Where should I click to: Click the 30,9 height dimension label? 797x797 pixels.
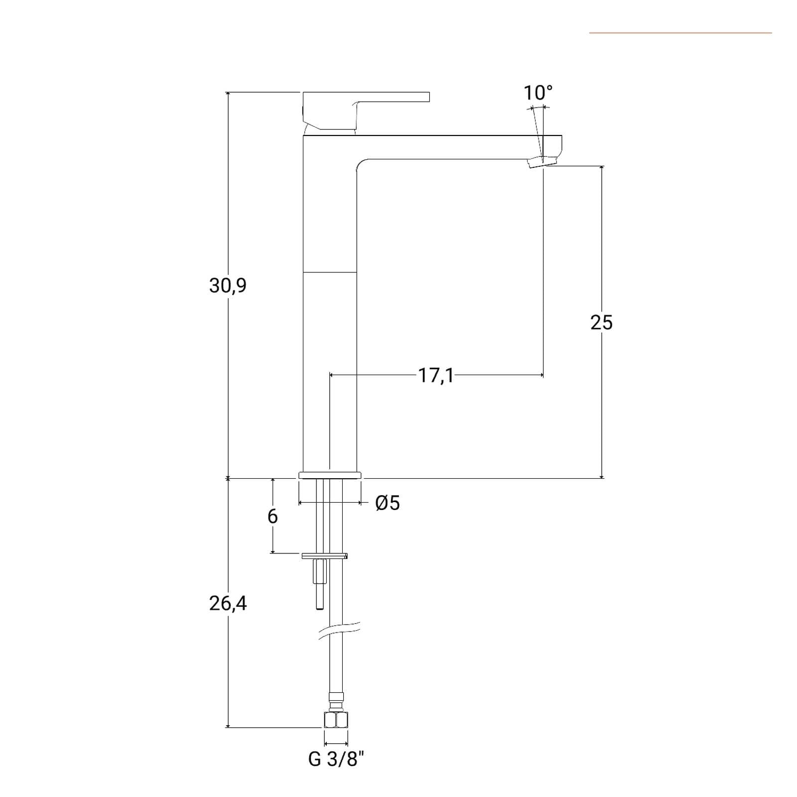(x=228, y=286)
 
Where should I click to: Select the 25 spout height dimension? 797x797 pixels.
(x=601, y=323)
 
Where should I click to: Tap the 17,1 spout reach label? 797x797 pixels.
(x=436, y=376)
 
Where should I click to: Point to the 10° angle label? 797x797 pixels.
(x=538, y=93)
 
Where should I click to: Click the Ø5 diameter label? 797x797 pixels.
(x=388, y=503)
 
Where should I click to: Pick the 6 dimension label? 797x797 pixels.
(x=272, y=517)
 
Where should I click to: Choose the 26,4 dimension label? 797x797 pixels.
(x=228, y=604)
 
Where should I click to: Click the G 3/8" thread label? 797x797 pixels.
(x=336, y=760)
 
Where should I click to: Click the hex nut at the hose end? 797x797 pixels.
(x=336, y=720)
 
